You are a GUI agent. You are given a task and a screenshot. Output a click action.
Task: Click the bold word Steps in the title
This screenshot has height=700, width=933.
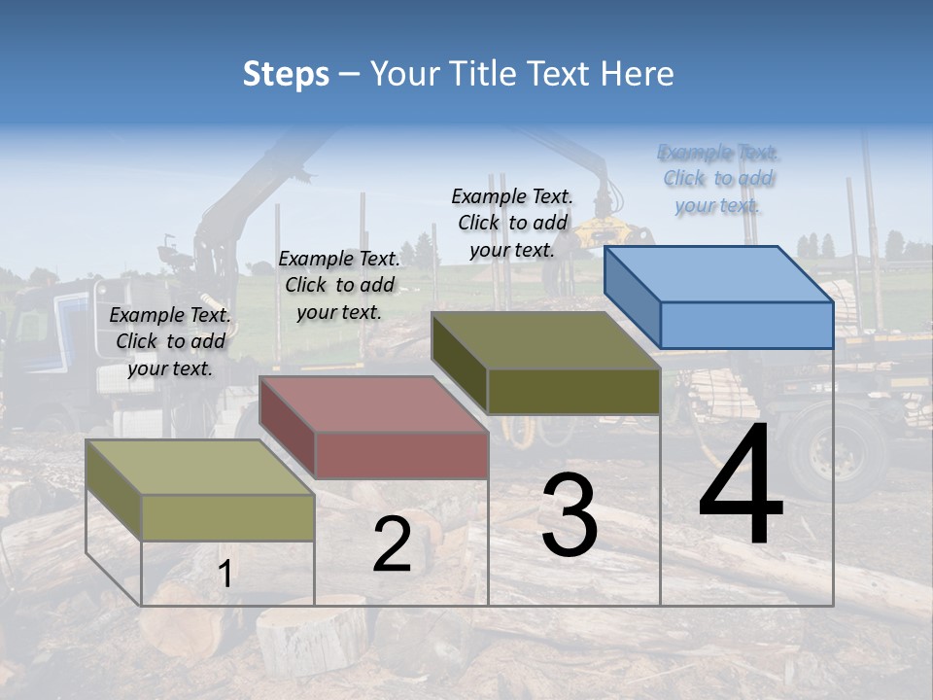pos(286,74)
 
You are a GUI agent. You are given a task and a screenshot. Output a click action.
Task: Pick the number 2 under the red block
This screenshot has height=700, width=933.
pos(392,544)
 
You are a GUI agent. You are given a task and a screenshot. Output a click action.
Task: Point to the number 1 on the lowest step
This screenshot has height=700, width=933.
pos(225,574)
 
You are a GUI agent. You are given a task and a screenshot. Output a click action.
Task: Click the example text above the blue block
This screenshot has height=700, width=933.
pos(718,179)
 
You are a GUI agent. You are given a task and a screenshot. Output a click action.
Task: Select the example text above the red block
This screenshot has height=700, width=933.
pos(339,285)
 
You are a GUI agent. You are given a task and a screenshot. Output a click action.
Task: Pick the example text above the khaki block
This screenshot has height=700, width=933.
pos(170,341)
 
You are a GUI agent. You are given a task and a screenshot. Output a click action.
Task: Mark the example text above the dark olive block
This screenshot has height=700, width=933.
pos(512,223)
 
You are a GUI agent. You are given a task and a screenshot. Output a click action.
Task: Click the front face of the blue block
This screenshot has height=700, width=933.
pos(746,325)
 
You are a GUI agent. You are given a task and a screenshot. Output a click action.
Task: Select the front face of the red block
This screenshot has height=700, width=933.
pos(401,455)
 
